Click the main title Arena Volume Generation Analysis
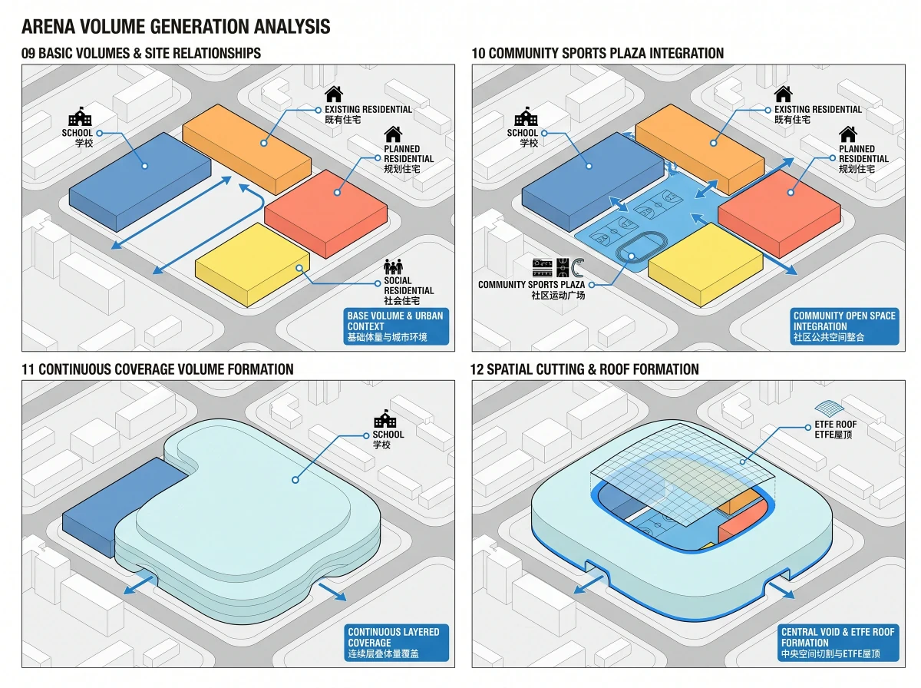tap(176, 26)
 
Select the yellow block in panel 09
tap(253, 264)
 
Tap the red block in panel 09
tap(325, 213)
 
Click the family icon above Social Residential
tap(393, 266)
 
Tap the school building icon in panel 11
tap(385, 418)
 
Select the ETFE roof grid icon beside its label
tap(830, 408)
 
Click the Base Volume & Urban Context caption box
tap(396, 326)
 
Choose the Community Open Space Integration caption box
tap(844, 326)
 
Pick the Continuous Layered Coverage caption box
tap(396, 643)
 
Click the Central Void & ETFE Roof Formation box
tap(838, 643)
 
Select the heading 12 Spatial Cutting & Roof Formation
tap(585, 369)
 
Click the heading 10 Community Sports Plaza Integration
tap(597, 53)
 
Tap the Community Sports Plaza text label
tap(531, 289)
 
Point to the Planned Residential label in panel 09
tap(408, 159)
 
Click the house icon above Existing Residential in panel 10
tap(783, 94)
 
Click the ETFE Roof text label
tap(835, 429)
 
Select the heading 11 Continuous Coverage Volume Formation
tap(157, 369)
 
